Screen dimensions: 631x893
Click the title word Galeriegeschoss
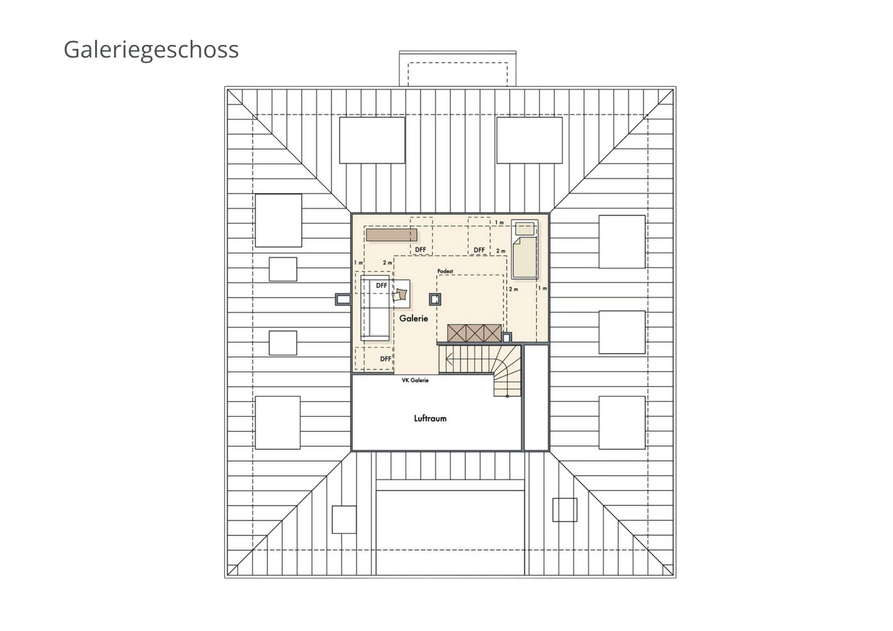(x=151, y=49)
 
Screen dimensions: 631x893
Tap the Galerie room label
(x=413, y=318)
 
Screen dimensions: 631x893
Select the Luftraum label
(x=430, y=418)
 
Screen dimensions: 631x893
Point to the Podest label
(x=445, y=271)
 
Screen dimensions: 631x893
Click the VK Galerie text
(x=415, y=380)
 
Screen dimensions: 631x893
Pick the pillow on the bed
(x=525, y=229)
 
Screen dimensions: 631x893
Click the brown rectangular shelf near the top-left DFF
(x=392, y=235)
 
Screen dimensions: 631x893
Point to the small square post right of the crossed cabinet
(x=506, y=338)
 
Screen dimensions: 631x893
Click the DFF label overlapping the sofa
(x=381, y=286)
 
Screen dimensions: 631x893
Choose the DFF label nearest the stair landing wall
(x=386, y=359)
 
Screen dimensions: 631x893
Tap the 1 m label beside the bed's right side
(x=542, y=288)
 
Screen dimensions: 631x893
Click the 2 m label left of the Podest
(x=387, y=262)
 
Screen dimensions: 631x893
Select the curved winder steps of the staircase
(x=507, y=373)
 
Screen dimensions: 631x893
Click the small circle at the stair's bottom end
(x=507, y=396)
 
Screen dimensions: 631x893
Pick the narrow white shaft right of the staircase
(x=536, y=397)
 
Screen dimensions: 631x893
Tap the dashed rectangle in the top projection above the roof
(x=458, y=74)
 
